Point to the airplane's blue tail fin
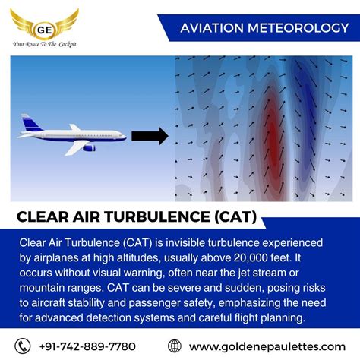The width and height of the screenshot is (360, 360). point(31,123)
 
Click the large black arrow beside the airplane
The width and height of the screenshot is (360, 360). point(149,137)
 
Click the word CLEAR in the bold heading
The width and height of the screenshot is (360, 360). point(45,217)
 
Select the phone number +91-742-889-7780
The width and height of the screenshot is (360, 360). point(87,346)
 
